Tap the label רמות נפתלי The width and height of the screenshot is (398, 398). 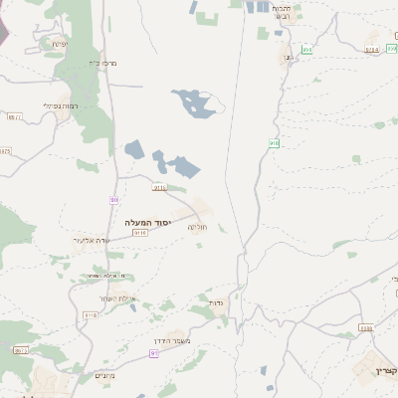(61, 106)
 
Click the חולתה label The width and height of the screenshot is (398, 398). (198, 227)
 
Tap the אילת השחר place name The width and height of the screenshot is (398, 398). (116, 298)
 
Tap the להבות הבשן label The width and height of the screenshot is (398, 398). (289, 12)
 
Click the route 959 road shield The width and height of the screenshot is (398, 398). (306, 49)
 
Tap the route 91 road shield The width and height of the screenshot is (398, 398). (153, 353)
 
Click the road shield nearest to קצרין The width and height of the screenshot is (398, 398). (365, 328)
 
